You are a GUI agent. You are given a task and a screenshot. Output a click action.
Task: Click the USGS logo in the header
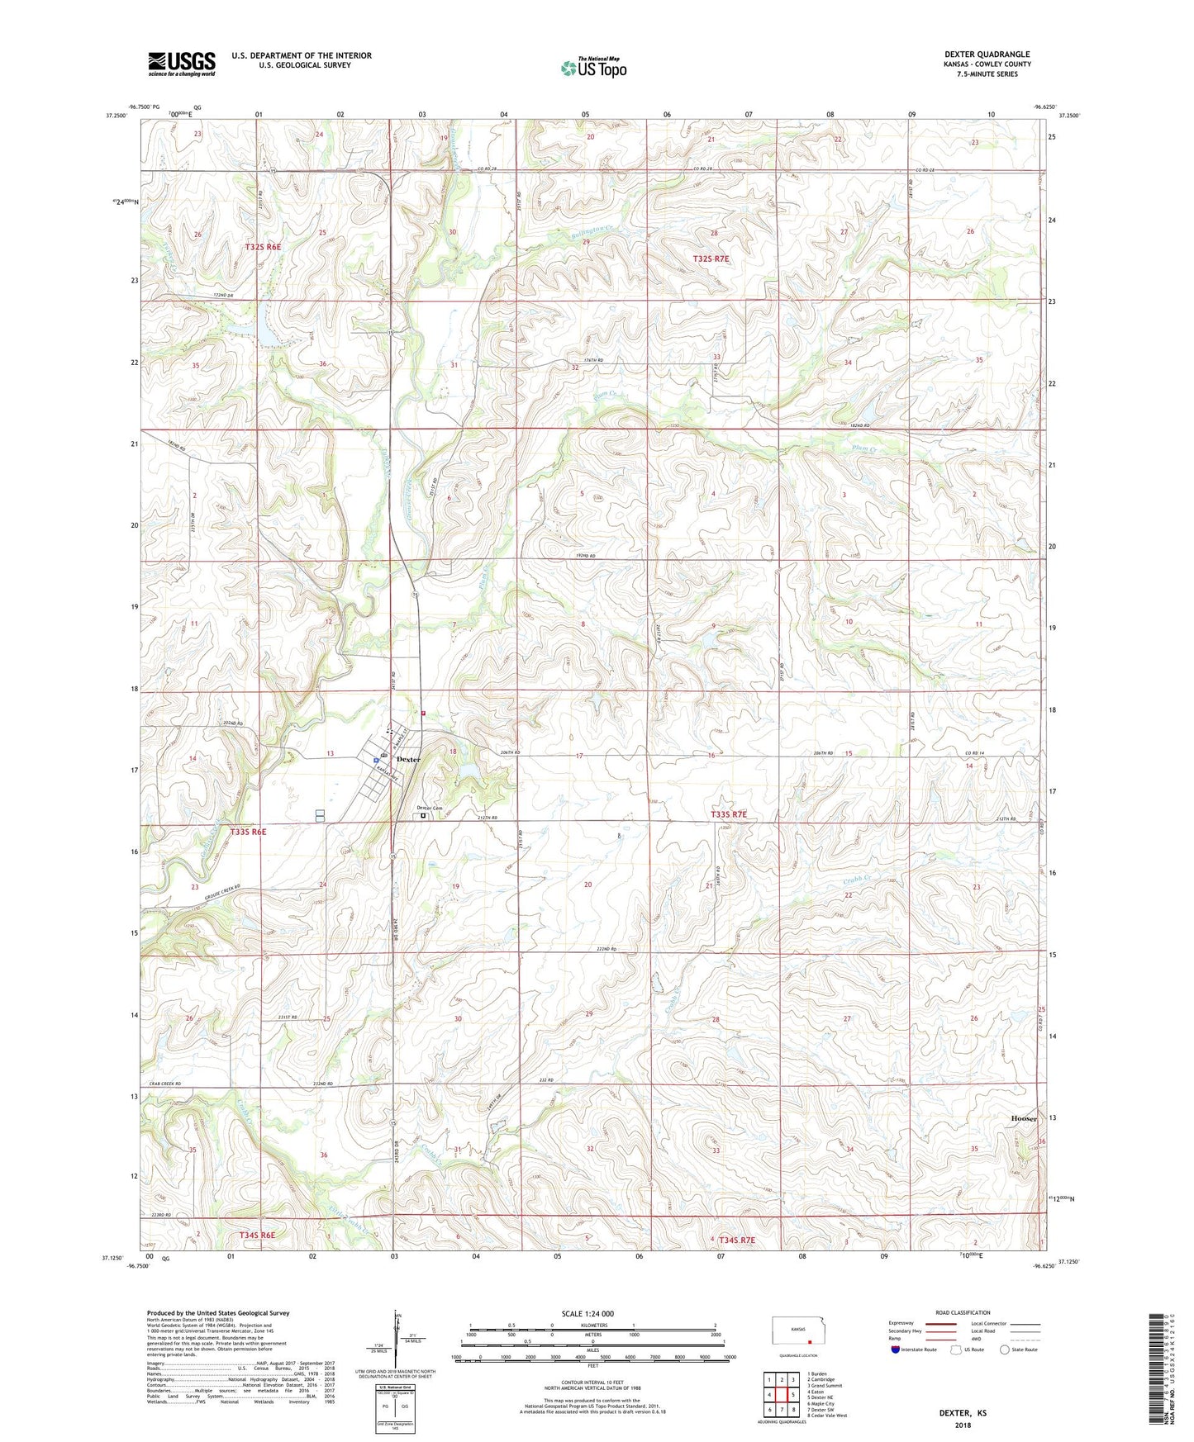click(181, 64)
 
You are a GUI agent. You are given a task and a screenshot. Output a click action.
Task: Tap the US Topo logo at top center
click(593, 68)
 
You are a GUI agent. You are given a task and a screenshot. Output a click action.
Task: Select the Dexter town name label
click(408, 759)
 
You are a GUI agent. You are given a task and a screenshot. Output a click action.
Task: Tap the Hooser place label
click(1023, 1118)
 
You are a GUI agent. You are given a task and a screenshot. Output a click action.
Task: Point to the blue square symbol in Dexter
click(375, 760)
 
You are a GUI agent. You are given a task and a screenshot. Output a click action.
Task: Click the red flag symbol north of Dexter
click(422, 713)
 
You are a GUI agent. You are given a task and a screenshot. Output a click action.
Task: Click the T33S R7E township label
click(728, 814)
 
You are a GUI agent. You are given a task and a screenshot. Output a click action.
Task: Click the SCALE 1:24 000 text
click(587, 1314)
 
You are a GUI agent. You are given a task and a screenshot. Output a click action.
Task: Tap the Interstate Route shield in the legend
click(896, 1350)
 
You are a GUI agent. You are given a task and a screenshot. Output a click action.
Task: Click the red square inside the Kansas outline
click(811, 1341)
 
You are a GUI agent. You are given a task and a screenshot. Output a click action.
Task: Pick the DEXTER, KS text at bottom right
click(963, 1413)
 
